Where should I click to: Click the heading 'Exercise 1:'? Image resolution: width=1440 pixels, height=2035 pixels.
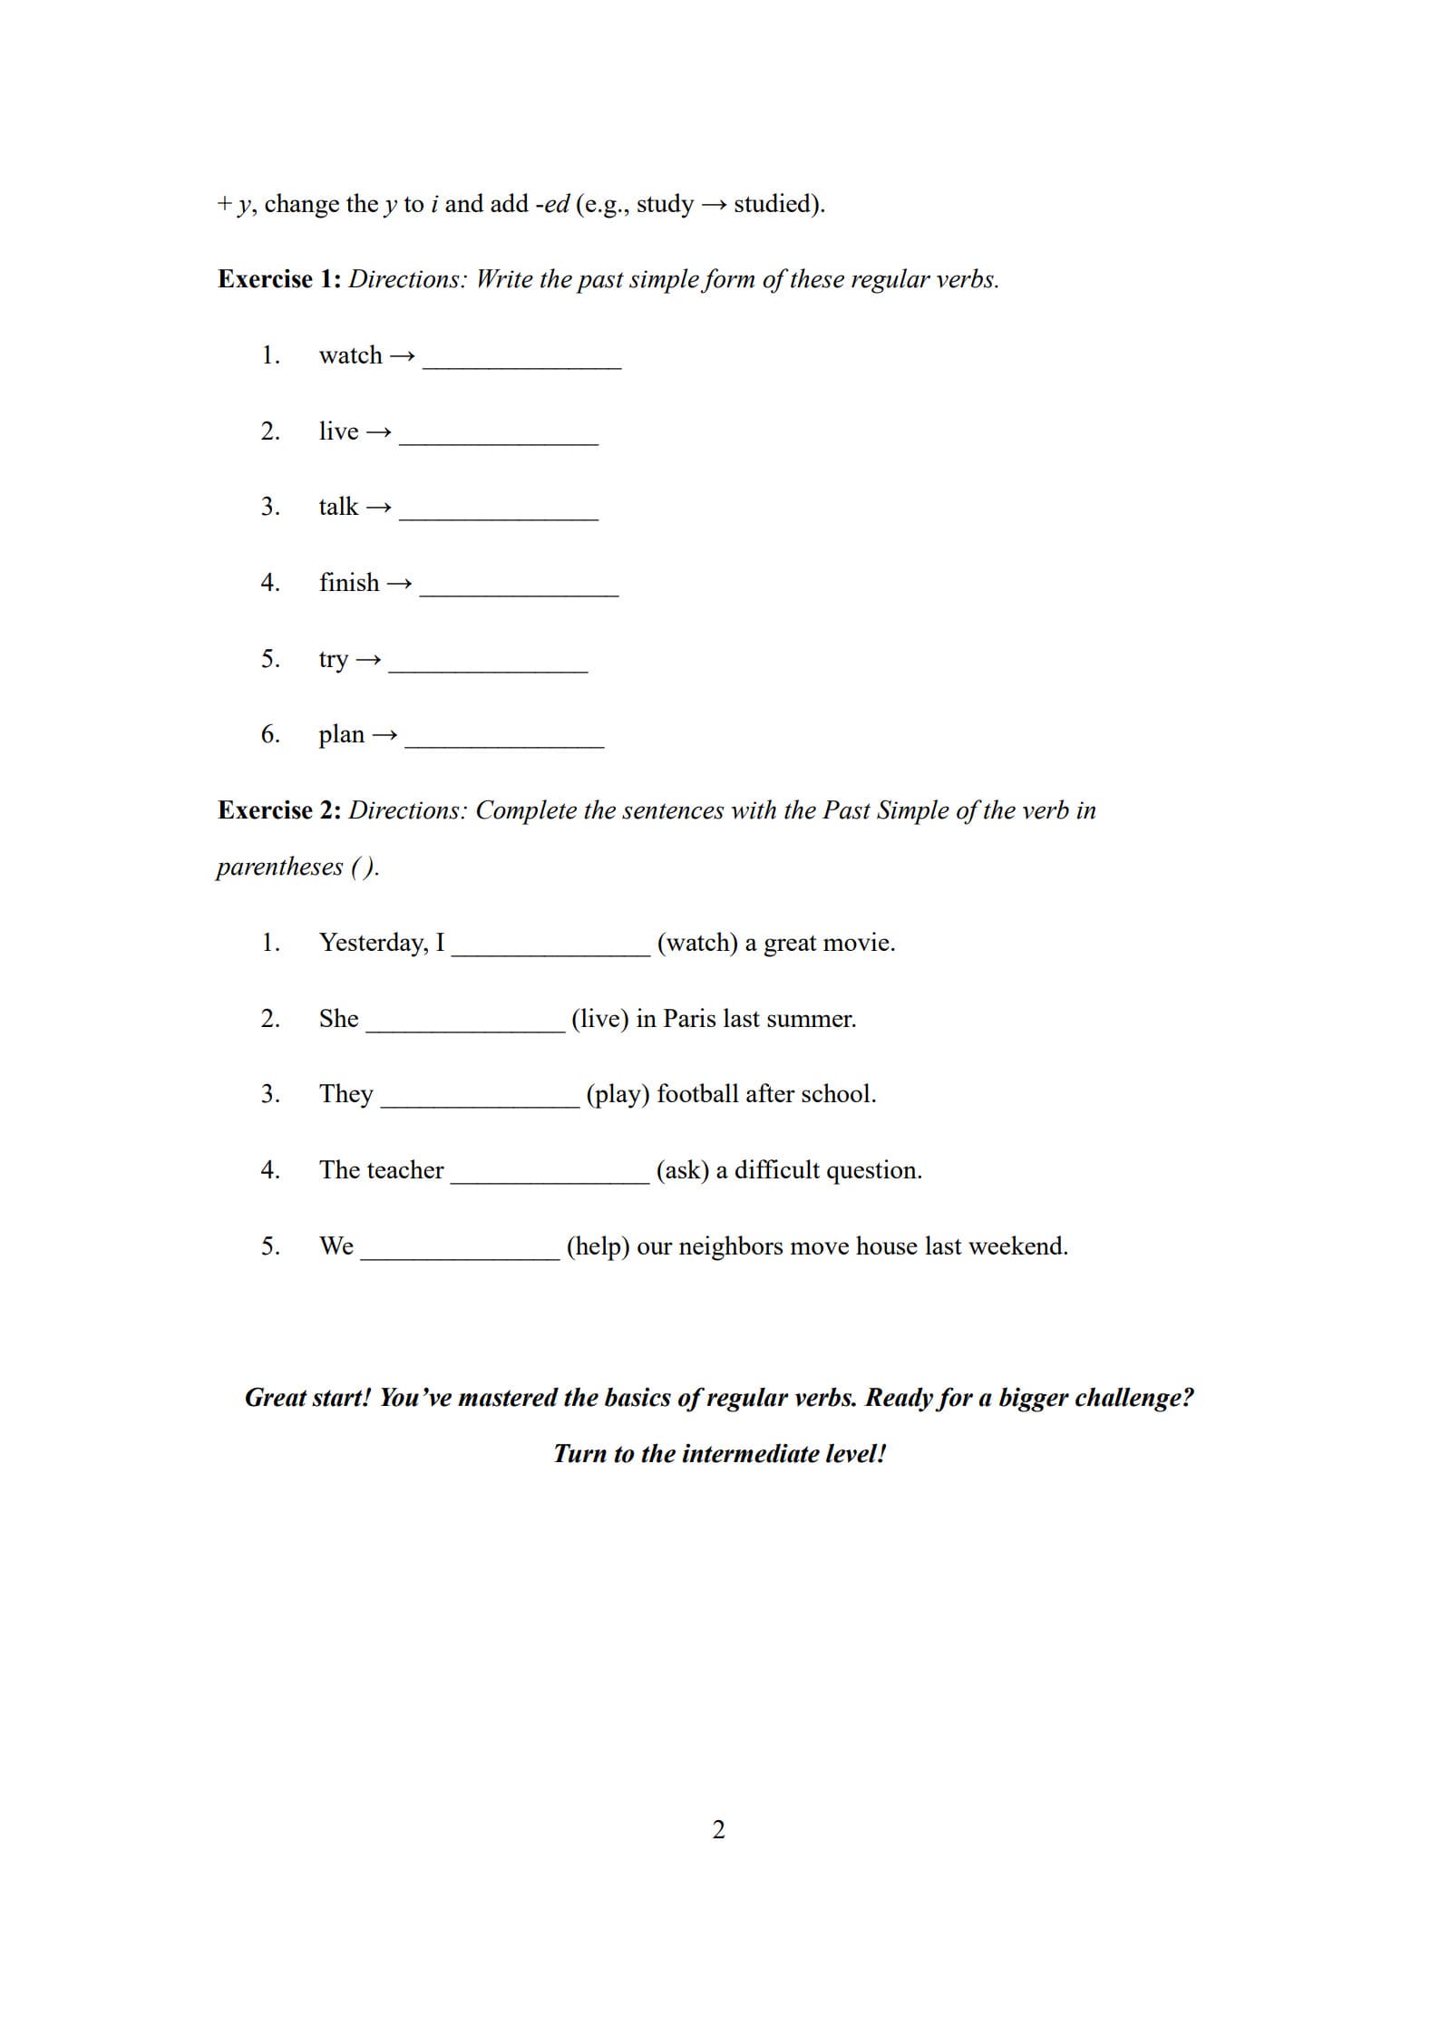(x=279, y=279)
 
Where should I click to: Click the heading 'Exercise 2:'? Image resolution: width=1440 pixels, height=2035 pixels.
(x=279, y=810)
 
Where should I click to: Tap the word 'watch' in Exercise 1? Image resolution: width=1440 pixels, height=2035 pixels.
(x=350, y=355)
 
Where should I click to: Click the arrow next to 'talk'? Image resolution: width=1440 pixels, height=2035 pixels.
(x=379, y=508)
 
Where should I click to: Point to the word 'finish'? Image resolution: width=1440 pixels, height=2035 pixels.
(x=349, y=583)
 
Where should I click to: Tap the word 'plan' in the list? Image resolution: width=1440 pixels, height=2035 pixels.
(x=341, y=735)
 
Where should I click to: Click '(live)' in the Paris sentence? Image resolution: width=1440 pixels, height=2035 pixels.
(x=600, y=1019)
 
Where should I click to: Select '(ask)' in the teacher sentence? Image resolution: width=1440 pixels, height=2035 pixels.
(x=683, y=1170)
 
